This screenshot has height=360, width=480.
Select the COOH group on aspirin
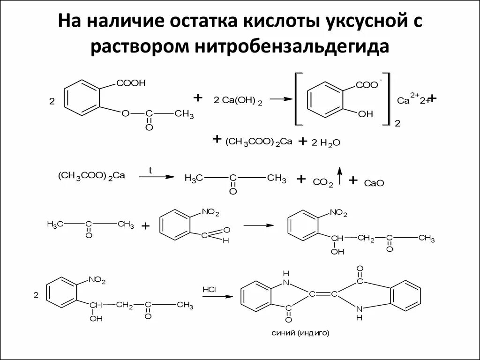click(131, 83)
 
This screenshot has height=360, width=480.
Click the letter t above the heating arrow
click(150, 171)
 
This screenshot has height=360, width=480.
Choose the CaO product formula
click(374, 183)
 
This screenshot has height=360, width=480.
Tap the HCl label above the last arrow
click(209, 289)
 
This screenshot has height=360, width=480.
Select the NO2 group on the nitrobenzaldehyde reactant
click(210, 213)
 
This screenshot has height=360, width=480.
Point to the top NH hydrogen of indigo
click(287, 273)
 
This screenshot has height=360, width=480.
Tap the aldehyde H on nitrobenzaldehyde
click(226, 240)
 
